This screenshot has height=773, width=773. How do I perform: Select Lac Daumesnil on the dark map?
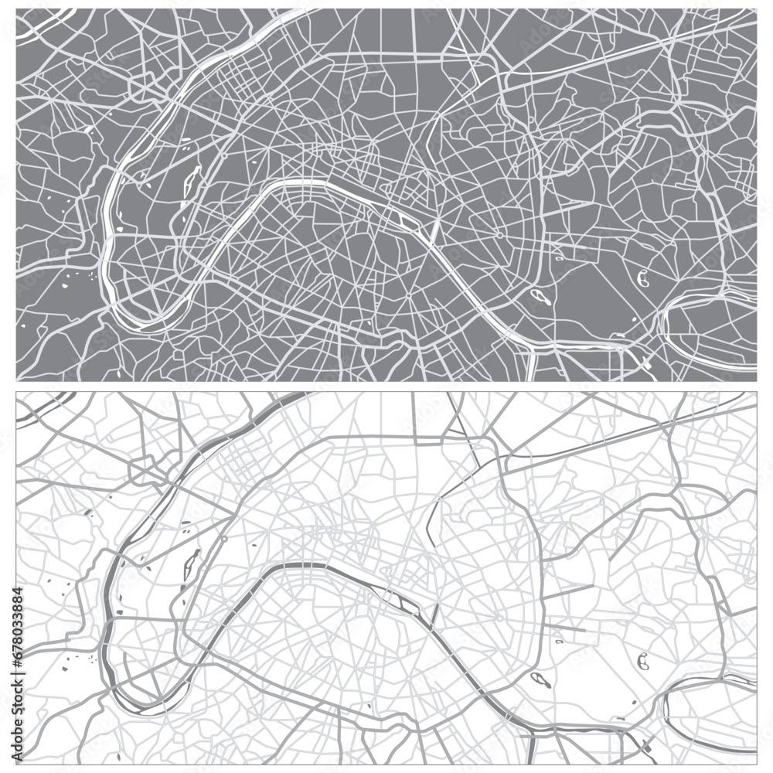point(540,295)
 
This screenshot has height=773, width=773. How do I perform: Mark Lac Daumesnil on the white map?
point(540,680)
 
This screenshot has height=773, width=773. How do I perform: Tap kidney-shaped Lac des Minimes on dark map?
point(642,276)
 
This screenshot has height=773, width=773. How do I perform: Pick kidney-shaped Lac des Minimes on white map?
point(642,660)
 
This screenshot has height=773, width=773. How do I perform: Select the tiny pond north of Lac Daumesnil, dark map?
point(558,259)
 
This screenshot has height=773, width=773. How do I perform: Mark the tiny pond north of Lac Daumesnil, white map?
point(558,642)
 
